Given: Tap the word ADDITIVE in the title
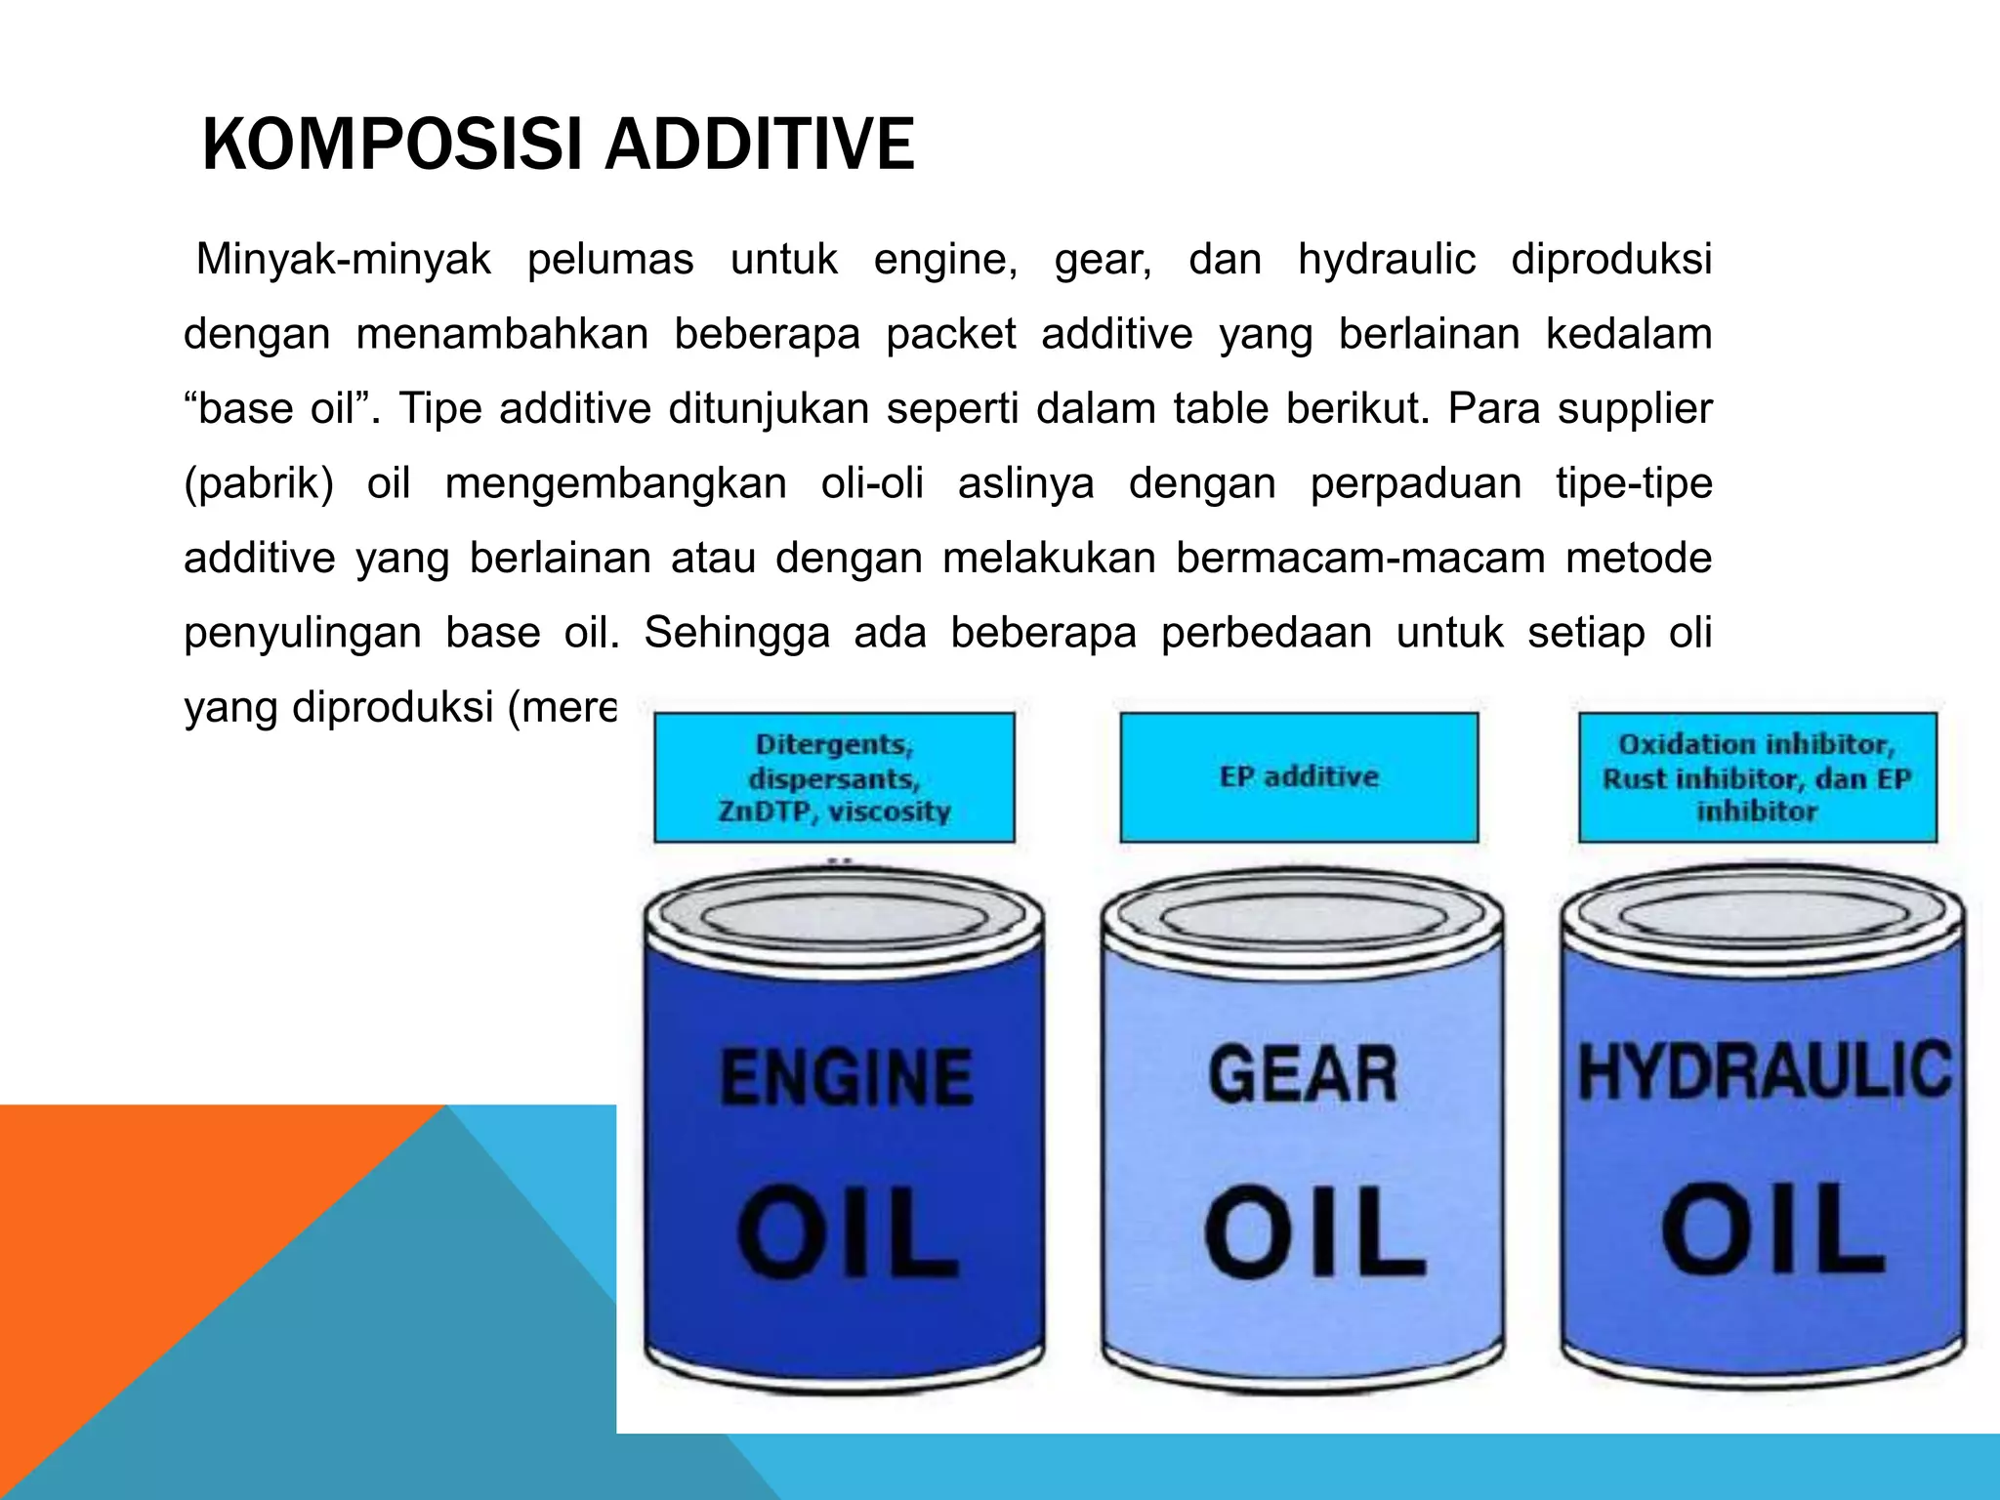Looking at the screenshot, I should coord(759,145).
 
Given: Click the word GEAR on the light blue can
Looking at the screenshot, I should coord(1303,1075).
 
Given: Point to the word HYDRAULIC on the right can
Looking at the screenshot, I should coord(1764,1071).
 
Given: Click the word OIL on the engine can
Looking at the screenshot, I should coord(846,1232).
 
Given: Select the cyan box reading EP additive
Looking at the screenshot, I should coord(1299,777).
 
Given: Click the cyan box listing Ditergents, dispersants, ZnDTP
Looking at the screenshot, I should coord(834,777).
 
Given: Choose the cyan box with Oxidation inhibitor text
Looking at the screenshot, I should coord(1757,777).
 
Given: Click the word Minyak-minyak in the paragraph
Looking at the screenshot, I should coord(344,260).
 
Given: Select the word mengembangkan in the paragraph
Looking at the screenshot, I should coord(615,484).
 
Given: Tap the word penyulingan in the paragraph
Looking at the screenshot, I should coord(302,634).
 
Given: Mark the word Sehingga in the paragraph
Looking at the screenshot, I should coord(736,633).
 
